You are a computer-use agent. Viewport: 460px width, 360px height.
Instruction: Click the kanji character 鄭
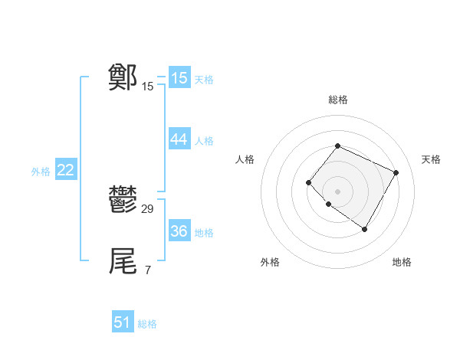(123, 77)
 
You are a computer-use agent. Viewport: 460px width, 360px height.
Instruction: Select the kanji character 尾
(123, 261)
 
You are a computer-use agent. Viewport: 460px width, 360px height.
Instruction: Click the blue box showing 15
(179, 78)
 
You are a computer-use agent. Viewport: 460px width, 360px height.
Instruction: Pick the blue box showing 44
(179, 139)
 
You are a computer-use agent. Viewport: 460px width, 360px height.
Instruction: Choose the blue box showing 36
(179, 231)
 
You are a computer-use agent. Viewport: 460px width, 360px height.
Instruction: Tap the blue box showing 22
(65, 170)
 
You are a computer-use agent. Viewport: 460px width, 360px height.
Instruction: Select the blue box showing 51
(123, 322)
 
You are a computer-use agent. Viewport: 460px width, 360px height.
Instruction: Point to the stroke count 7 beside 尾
(147, 270)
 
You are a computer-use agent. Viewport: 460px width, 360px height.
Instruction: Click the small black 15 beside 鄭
(147, 87)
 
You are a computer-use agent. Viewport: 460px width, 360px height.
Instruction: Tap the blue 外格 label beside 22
(41, 172)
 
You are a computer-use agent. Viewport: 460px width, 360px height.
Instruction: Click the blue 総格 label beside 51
(147, 324)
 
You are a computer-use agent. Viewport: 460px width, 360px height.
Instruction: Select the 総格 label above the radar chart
(337, 100)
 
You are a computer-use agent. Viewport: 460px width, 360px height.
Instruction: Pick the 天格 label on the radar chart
(431, 159)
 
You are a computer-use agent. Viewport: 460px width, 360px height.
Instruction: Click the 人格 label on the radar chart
(245, 159)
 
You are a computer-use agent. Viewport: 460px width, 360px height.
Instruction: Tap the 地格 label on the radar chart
(402, 262)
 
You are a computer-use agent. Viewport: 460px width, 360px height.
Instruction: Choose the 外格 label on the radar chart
(270, 262)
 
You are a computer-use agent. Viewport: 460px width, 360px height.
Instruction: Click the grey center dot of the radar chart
(337, 191)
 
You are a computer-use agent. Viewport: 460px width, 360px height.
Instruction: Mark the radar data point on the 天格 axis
(396, 172)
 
